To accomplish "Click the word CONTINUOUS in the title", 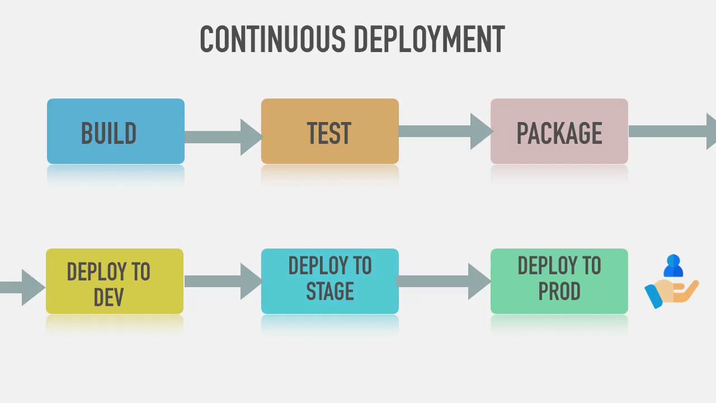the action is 272,39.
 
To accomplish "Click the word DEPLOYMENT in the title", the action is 429,39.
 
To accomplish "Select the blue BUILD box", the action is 116,132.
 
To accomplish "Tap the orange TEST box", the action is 330,132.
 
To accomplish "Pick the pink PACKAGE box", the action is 559,132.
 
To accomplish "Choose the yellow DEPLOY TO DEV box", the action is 115,282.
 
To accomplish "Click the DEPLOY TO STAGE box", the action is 330,282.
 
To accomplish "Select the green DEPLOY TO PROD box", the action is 559,282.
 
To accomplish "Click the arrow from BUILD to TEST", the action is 224,137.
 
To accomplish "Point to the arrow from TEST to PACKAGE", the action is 446,132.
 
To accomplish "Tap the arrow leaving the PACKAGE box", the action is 672,132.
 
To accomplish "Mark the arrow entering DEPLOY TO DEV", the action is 22,288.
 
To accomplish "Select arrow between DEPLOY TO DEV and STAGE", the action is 223,282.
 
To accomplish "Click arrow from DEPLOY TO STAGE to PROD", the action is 444,282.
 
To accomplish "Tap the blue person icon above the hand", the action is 673,265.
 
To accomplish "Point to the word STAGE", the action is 330,291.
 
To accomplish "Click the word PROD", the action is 559,291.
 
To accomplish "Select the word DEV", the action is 109,297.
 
